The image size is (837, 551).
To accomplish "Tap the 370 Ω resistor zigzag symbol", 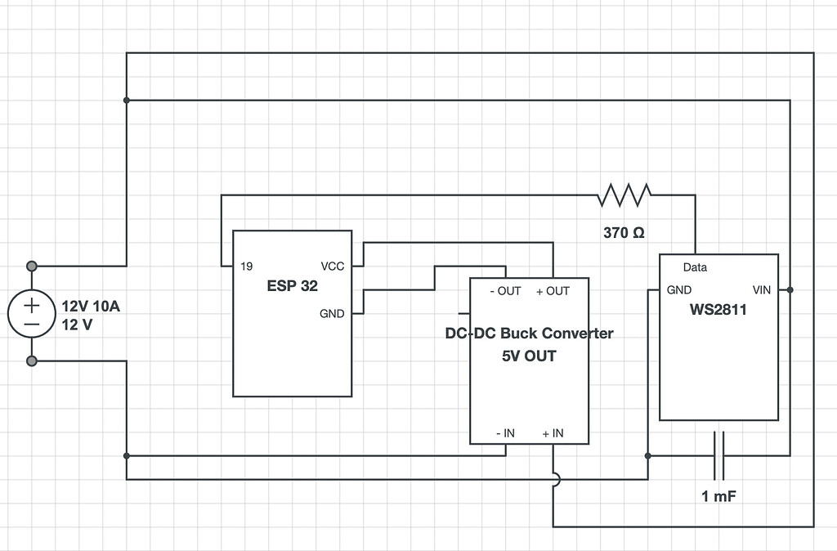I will [624, 195].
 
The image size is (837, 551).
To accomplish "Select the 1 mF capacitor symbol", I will [719, 455].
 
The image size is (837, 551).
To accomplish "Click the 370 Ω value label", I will [624, 232].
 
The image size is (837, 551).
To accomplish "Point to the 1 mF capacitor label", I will [719, 496].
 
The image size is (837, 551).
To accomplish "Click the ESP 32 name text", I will [292, 286].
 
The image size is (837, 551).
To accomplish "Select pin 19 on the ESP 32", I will [246, 267].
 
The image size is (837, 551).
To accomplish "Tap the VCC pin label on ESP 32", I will [333, 267].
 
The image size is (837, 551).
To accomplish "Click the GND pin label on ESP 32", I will [332, 314].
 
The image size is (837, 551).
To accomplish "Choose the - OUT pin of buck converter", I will [504, 291].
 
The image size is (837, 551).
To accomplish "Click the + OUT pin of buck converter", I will [553, 291].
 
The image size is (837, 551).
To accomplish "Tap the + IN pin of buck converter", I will [553, 432].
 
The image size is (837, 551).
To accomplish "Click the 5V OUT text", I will [529, 356].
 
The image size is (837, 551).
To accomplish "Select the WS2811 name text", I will [718, 311].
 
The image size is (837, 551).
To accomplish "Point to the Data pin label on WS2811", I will [695, 267].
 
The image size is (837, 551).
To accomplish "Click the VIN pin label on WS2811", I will [762, 289].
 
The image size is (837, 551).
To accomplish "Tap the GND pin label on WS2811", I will [679, 289].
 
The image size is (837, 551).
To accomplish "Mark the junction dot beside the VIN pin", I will [790, 289].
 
